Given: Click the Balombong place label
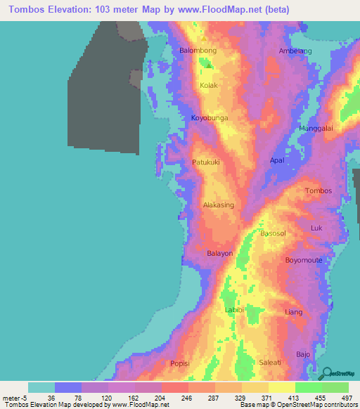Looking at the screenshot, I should tap(198, 51).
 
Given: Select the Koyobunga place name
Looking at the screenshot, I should tap(210, 119).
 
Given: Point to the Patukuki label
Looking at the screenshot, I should tap(206, 162).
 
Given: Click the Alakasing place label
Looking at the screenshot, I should tap(218, 205).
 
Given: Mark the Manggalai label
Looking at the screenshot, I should tap(316, 129).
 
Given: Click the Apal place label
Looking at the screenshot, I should tap(277, 160).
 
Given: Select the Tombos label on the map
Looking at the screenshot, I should tap(318, 191).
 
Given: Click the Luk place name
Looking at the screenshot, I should tap(316, 228).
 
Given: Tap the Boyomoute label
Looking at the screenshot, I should tap(304, 261).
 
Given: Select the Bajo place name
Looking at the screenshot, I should tap(303, 354).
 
